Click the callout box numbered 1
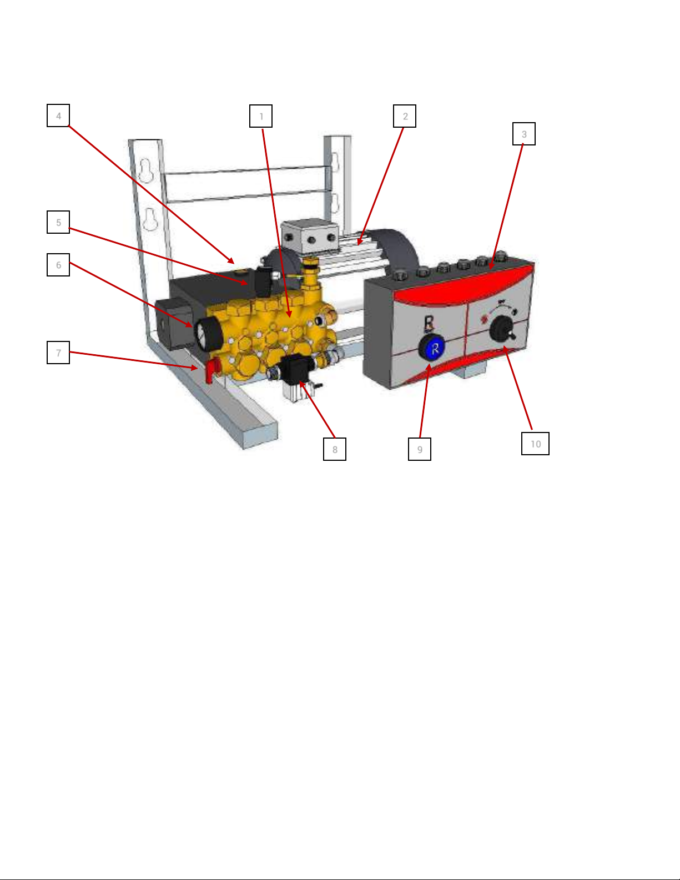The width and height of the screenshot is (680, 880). tap(261, 116)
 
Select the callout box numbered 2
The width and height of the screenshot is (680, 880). tap(404, 116)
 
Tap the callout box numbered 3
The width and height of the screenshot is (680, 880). tap(524, 134)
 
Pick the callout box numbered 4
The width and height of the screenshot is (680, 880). tap(58, 115)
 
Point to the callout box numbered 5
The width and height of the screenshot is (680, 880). tap(58, 222)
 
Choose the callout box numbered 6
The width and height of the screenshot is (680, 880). tap(58, 265)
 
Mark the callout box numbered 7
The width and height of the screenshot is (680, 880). tap(58, 353)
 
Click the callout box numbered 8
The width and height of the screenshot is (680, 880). tap(335, 449)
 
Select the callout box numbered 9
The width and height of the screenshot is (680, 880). tap(419, 449)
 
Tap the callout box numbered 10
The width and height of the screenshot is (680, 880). tap(535, 444)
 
